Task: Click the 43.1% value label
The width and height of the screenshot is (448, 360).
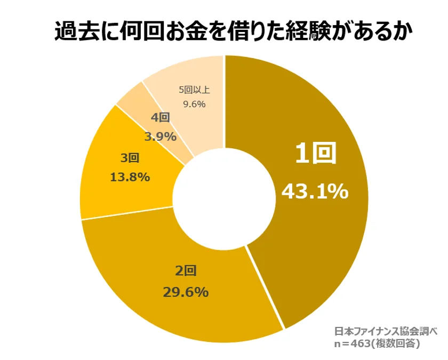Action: (315, 191)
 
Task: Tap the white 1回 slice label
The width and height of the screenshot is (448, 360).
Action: (316, 154)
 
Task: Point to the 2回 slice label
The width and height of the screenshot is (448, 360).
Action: (186, 271)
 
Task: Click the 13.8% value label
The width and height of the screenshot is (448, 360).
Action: (130, 177)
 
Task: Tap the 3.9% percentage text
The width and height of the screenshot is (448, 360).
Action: (160, 137)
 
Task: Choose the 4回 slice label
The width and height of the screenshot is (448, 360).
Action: (161, 118)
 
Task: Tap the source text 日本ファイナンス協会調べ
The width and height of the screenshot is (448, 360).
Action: (386, 331)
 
